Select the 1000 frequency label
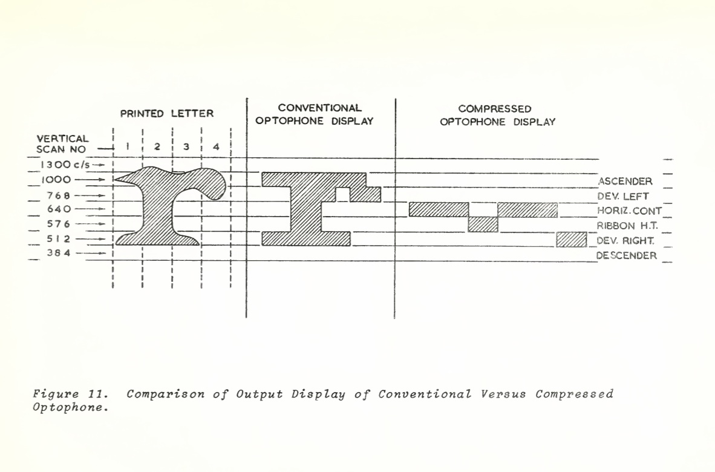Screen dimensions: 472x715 (56, 180)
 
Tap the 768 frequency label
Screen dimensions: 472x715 (59, 195)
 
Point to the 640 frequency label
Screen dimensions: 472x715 (59, 209)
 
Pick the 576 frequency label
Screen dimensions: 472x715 (59, 225)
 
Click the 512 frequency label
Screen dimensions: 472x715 (59, 239)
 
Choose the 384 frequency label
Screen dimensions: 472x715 (59, 254)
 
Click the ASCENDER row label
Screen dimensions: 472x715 (625, 182)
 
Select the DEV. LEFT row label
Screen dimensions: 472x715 (623, 196)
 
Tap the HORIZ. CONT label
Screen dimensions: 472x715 (629, 211)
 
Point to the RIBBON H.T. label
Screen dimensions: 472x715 (627, 226)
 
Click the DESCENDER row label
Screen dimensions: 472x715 (626, 255)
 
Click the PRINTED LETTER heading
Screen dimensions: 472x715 (166, 113)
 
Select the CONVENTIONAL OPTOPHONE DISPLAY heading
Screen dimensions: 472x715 (314, 114)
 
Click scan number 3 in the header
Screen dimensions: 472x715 (186, 147)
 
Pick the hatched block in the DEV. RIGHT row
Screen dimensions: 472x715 (571, 240)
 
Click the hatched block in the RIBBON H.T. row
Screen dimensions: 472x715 (483, 225)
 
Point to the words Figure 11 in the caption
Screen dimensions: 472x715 (70, 395)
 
